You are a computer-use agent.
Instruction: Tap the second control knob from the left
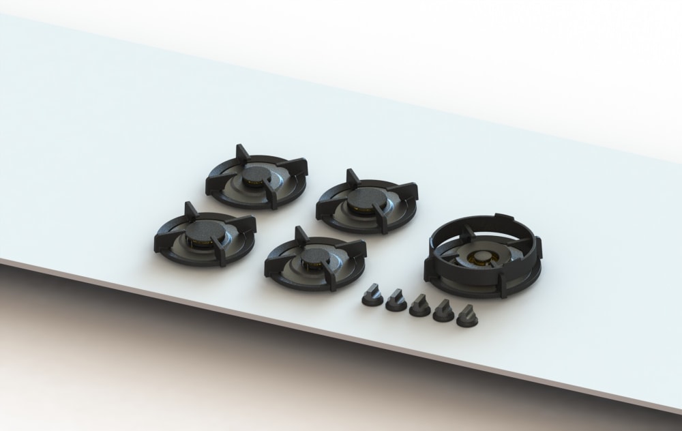[x=396, y=301]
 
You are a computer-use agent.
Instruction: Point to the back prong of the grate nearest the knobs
[x=301, y=234]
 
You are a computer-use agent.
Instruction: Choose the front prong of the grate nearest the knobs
[x=333, y=281]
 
